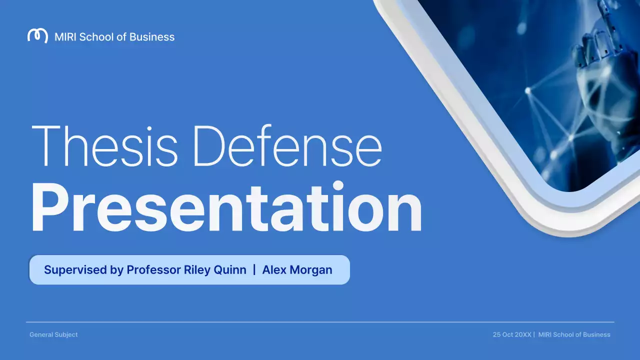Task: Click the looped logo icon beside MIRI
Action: tap(37, 36)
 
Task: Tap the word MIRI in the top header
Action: tap(66, 36)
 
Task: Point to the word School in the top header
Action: tap(97, 36)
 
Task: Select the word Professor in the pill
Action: tap(153, 270)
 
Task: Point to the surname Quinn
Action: tap(231, 270)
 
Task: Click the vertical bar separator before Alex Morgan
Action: tap(254, 269)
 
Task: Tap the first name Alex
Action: tap(274, 270)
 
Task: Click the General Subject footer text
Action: tap(53, 334)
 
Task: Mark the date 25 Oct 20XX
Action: tap(512, 334)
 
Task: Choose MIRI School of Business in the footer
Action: tap(574, 334)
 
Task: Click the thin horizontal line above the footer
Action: tap(320, 322)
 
